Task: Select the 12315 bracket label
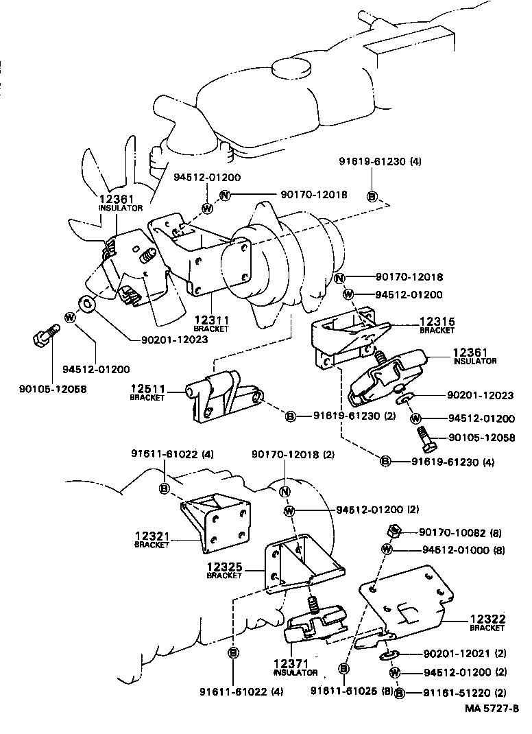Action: [437, 322]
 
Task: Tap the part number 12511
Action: [146, 389]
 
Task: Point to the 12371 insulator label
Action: [295, 665]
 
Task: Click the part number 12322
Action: [487, 619]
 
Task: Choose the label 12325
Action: [223, 567]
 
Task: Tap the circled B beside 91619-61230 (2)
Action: [290, 416]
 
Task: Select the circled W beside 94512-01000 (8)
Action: [387, 549]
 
